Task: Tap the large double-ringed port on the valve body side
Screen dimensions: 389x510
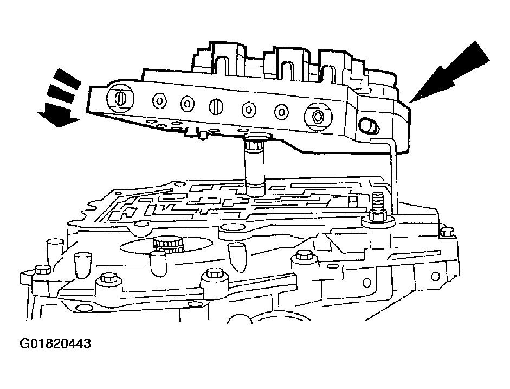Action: [x=316, y=116]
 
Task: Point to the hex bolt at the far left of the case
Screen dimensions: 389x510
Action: [x=41, y=270]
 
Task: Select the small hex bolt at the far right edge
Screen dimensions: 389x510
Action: [x=447, y=232]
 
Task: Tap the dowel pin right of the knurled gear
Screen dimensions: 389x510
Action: [x=237, y=255]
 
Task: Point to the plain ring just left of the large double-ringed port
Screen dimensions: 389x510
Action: [x=281, y=112]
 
